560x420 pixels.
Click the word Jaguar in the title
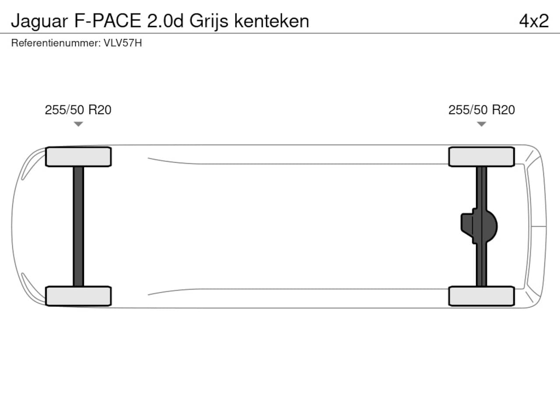39,21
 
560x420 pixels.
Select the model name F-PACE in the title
108,21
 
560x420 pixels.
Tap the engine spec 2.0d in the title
165,21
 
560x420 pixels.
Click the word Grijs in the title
209,21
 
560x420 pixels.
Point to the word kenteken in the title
272,21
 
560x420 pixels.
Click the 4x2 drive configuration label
534,21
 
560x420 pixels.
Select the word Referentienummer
56,43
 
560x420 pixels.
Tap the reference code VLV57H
122,43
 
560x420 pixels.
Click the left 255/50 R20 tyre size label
78,110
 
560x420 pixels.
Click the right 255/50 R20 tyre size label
482,110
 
